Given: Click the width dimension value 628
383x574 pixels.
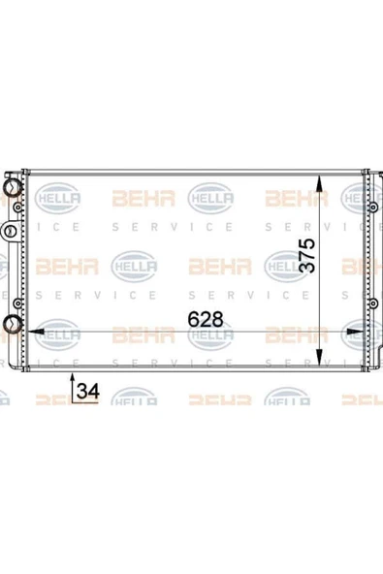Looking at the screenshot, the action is [205, 320].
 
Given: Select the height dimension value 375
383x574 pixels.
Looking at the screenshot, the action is [307, 256].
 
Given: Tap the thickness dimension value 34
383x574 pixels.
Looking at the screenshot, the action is [88, 392].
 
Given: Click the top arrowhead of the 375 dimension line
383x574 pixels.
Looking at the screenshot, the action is [320, 183].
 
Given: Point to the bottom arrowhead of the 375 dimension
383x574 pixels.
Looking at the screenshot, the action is [320, 357].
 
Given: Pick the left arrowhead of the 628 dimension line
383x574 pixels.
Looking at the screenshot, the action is [36, 332].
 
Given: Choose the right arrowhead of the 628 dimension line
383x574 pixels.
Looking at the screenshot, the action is [355, 332].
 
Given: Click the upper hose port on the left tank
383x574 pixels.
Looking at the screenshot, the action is [12, 188].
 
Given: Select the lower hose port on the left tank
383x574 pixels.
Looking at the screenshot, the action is [12, 324].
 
